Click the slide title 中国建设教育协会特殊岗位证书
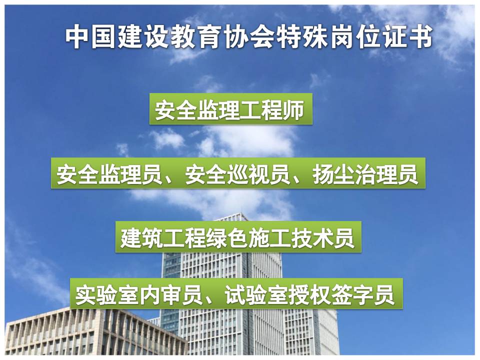(248, 37)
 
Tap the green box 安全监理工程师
(231, 109)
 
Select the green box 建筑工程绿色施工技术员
(238, 237)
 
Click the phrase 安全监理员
(109, 174)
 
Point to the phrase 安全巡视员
(237, 174)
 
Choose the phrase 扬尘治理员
(365, 174)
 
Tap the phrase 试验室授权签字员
(309, 294)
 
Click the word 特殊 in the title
(301, 37)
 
